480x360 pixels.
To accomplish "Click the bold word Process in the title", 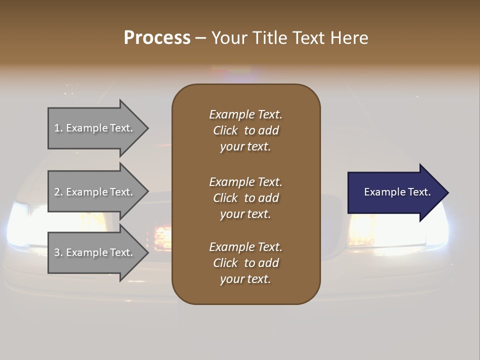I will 157,38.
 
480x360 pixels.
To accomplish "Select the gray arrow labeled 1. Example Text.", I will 95,128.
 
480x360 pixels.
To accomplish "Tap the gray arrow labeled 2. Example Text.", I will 95,192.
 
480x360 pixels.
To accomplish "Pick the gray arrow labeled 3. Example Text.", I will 95,252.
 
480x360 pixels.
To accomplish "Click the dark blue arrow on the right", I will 395,192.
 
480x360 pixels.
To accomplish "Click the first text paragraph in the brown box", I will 245,130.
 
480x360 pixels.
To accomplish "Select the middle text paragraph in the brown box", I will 245,198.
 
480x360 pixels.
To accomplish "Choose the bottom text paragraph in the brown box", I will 245,263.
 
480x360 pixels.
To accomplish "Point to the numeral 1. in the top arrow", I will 58,128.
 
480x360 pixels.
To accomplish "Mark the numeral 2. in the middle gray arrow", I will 58,192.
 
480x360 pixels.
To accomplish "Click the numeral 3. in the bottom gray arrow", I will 58,252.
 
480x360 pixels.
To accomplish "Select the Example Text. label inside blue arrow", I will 397,192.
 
